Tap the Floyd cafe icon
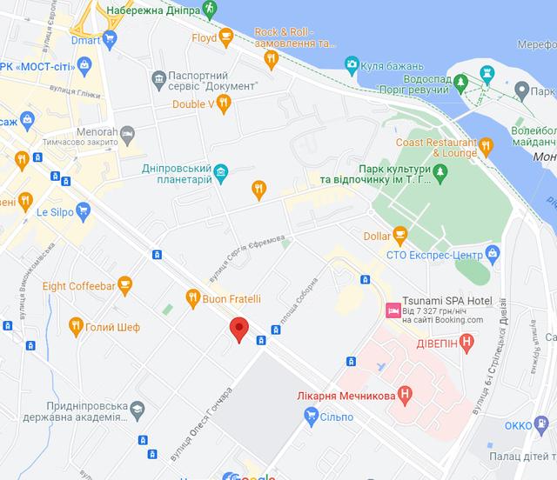[226, 37]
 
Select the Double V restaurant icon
[225, 103]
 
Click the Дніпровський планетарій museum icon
[222, 170]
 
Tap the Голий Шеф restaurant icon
[76, 326]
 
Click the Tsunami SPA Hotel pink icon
[392, 310]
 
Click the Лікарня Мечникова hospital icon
[406, 393]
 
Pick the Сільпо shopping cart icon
[310, 417]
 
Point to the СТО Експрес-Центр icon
[493, 253]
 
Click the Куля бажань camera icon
[351, 63]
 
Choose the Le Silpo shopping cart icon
[83, 210]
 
